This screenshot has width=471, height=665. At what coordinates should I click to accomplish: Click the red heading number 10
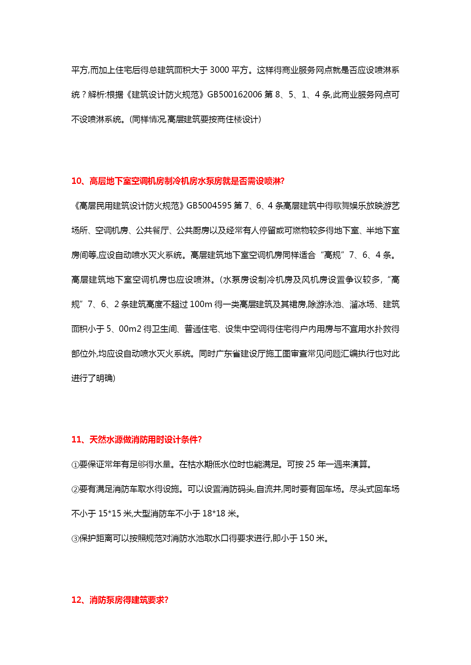coord(76,181)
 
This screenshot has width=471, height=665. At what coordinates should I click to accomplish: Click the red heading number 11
coord(76,440)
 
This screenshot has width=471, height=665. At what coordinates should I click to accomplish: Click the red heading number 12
coord(76,600)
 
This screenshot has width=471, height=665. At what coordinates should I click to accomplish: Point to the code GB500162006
coord(235,95)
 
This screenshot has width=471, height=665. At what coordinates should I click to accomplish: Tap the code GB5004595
coord(209,206)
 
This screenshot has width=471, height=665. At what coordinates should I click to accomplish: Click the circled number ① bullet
coord(75,465)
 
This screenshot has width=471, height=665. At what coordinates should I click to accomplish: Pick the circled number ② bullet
coord(75,489)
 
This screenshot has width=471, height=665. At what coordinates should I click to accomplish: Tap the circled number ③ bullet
coord(75,539)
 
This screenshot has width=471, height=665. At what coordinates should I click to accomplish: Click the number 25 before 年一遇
coord(310,464)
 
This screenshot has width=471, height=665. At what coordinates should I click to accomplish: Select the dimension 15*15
coord(110,514)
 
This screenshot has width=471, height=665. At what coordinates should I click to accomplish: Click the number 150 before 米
coord(307,538)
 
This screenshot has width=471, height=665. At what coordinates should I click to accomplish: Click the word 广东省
coord(228,354)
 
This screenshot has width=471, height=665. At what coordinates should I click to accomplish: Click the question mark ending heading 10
coord(282,181)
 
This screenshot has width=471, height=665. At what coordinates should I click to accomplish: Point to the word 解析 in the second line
coord(96,95)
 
